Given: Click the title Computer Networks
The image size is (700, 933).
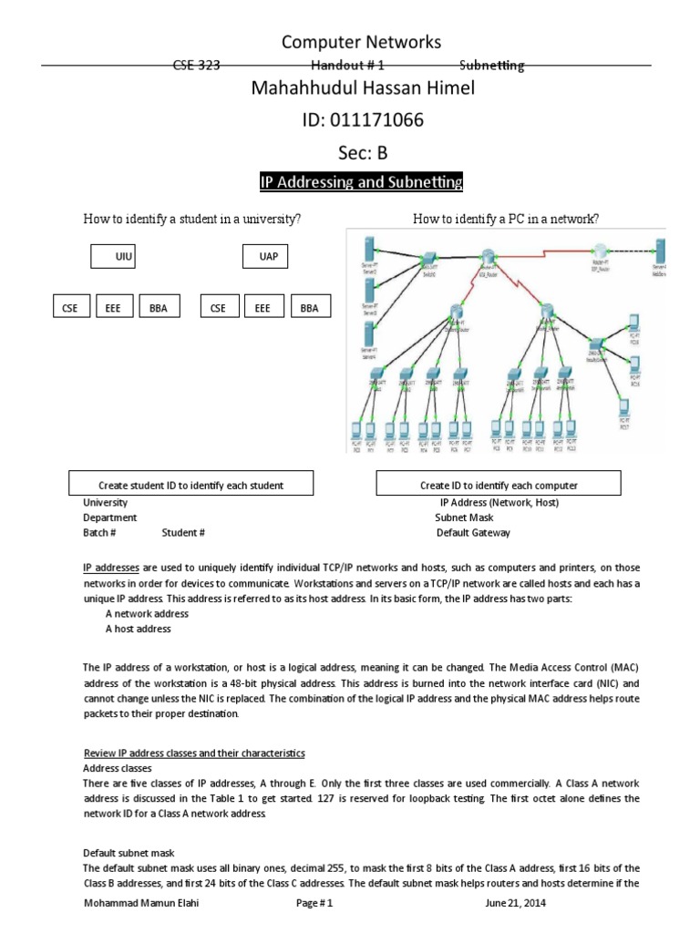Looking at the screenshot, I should click(361, 42).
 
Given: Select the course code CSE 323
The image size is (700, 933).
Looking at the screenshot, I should click(197, 66).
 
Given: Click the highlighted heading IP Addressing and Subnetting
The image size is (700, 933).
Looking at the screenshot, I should click(361, 182).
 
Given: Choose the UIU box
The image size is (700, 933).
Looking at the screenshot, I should click(125, 257).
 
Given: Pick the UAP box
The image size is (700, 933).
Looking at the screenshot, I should click(268, 257).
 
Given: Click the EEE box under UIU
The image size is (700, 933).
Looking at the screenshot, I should click(113, 308).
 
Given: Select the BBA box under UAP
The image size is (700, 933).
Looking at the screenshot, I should click(309, 308).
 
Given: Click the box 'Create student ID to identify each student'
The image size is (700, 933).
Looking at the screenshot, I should click(190, 485).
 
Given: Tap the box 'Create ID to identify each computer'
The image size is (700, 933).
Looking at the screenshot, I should click(498, 485).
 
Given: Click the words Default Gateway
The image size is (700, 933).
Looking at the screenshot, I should click(473, 533).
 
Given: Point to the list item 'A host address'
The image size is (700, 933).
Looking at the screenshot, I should click(138, 629).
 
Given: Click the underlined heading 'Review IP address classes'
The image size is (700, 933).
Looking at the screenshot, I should click(193, 754).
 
